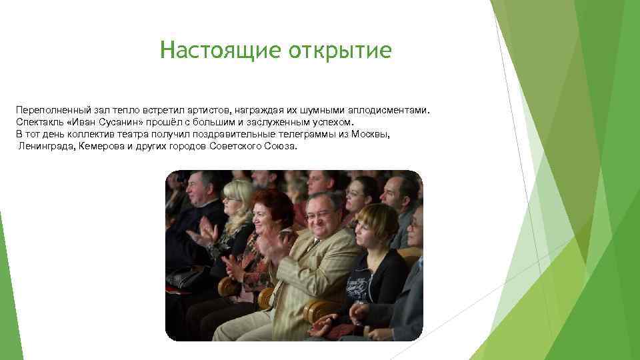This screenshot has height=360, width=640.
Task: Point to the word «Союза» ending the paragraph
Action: pyautogui.click(x=281, y=145)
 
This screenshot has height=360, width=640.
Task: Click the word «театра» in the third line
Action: pyautogui.click(x=137, y=133)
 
